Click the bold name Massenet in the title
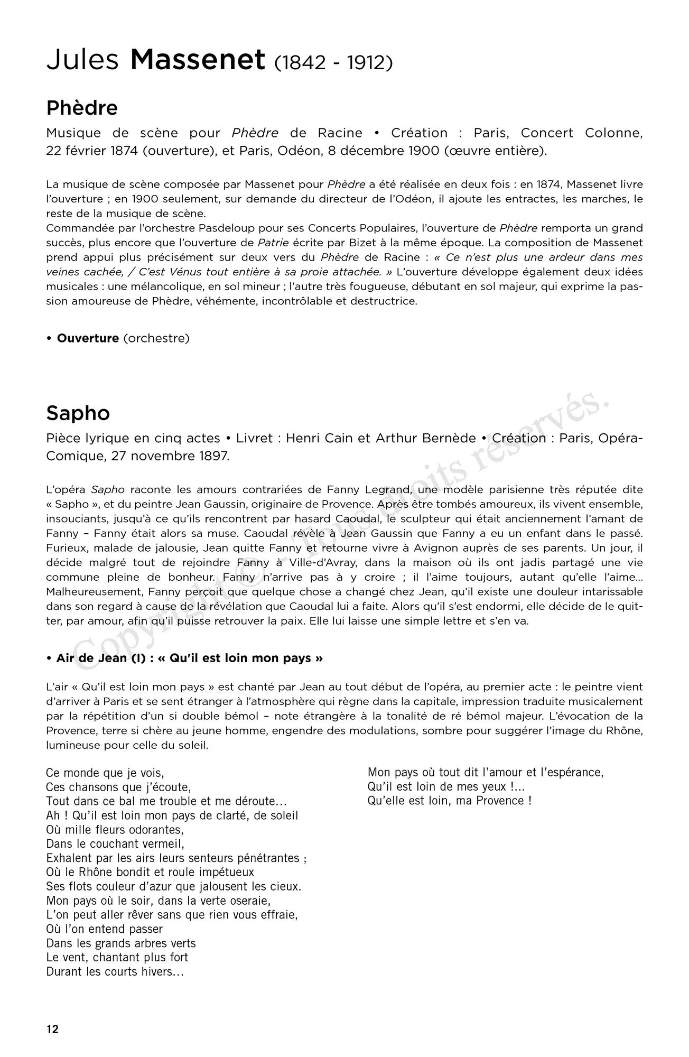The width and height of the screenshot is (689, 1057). (x=197, y=60)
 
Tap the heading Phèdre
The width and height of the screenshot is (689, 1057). (x=82, y=108)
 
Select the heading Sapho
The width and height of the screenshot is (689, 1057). (x=78, y=413)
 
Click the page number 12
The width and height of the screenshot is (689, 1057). (x=53, y=1029)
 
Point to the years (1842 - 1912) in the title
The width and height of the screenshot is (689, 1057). (x=333, y=63)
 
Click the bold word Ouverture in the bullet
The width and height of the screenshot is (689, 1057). (x=88, y=338)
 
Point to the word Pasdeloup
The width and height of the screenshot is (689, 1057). (x=225, y=228)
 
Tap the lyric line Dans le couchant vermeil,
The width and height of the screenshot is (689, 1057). (x=115, y=844)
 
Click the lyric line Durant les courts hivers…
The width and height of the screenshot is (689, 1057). (x=115, y=971)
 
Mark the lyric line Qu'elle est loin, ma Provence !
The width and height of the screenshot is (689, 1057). (x=450, y=801)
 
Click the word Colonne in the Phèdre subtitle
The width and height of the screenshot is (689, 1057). (x=613, y=133)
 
